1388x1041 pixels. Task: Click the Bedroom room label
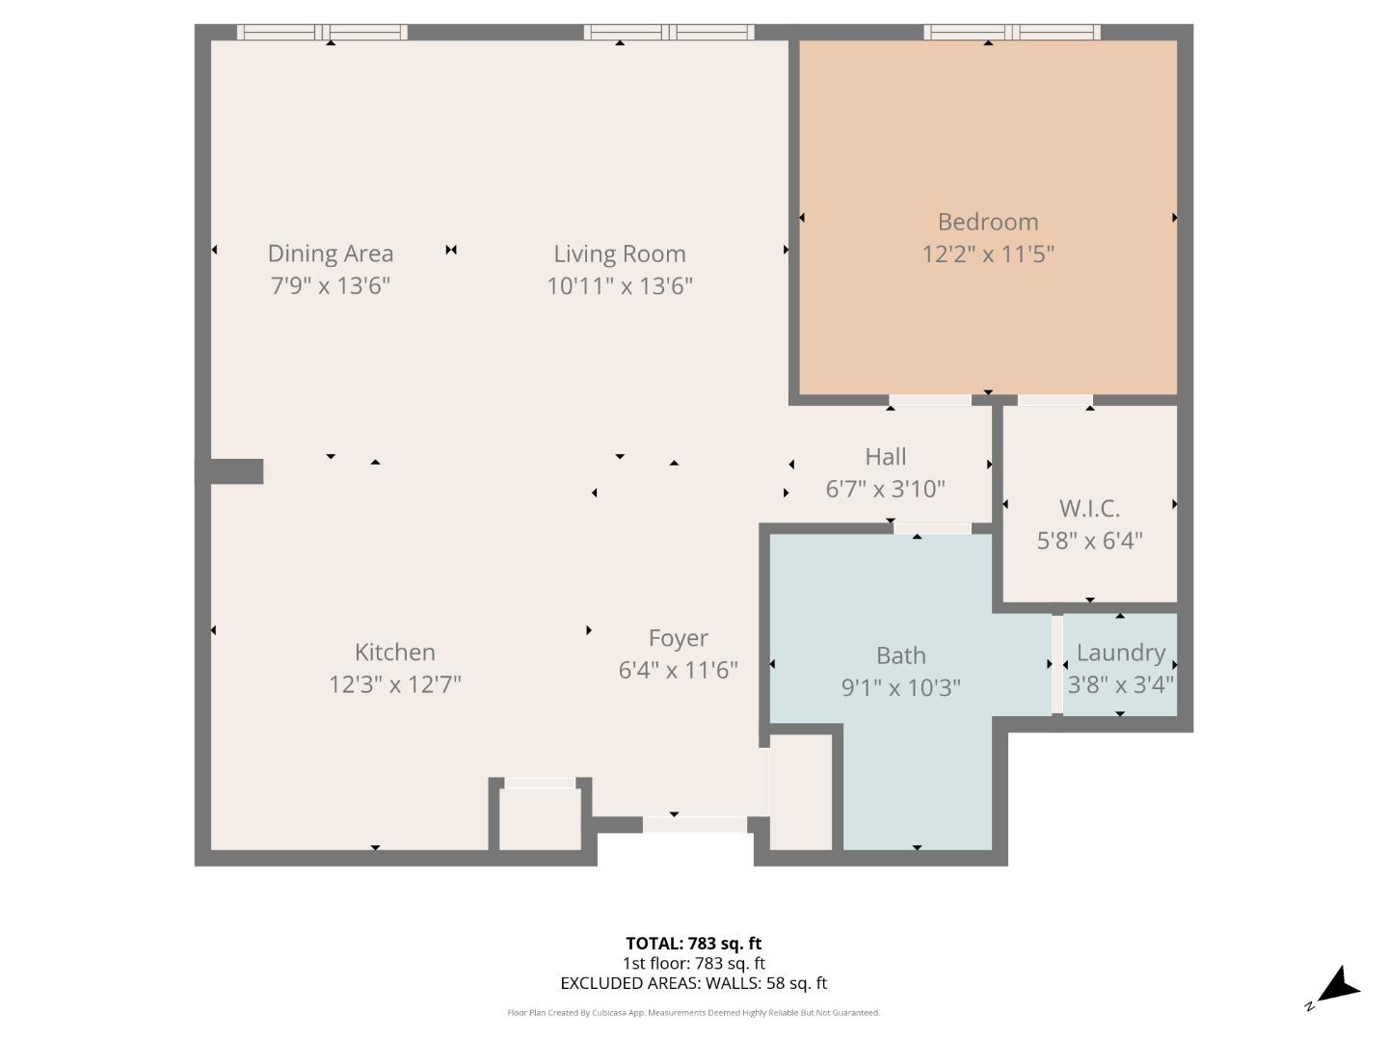(987, 222)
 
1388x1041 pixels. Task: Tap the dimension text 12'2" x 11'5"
(987, 254)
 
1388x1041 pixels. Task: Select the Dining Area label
(330, 254)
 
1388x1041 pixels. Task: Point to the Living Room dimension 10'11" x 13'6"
(620, 286)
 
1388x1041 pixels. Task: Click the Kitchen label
(394, 653)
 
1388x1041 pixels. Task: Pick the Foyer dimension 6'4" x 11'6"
(678, 670)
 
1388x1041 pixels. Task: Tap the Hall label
(885, 457)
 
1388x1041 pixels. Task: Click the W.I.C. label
(1089, 508)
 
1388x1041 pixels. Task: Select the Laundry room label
(1120, 653)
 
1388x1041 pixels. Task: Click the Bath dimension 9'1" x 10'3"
(900, 688)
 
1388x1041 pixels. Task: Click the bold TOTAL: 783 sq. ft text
(693, 944)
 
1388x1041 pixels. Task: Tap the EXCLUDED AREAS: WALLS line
(693, 983)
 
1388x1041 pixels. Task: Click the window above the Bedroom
(1011, 32)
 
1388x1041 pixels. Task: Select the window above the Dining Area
(322, 32)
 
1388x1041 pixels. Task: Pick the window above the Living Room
(668, 32)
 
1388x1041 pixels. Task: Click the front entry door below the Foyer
(694, 825)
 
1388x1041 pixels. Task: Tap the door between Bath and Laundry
(1056, 664)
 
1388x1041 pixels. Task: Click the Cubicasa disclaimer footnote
(693, 1013)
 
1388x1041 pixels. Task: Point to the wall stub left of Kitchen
(231, 471)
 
